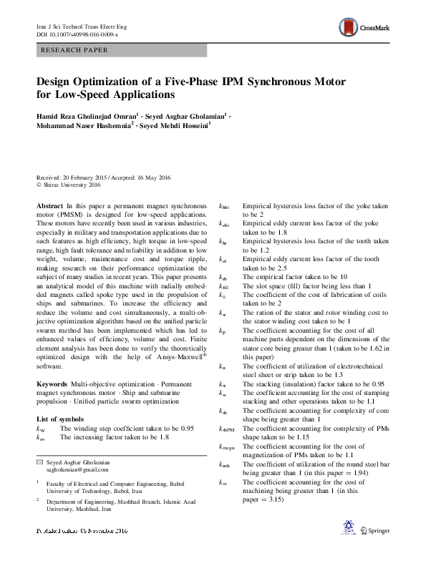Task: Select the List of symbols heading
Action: point(60,418)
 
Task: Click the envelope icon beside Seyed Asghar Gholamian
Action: point(39,463)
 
